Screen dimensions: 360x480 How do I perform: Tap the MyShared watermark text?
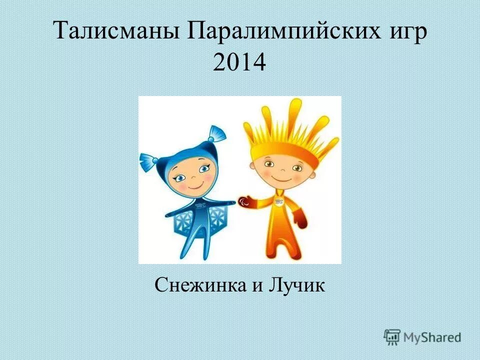click(x=432, y=337)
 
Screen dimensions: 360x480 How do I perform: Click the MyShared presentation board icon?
click(x=392, y=337)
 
